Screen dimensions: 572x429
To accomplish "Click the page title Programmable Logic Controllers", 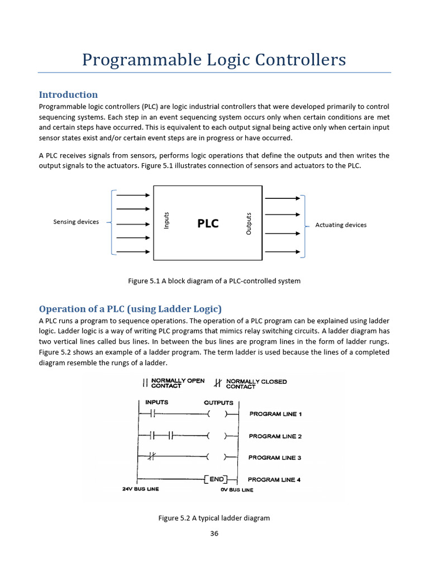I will (214, 59).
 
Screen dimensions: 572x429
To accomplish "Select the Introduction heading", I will (68, 94).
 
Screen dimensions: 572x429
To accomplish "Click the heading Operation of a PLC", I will (130, 308).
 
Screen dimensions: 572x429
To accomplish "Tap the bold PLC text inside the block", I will (208, 223).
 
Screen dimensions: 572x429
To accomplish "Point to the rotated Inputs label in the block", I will (166, 220).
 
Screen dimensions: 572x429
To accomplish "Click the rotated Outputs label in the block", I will (249, 223).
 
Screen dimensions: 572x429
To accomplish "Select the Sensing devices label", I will (76, 222).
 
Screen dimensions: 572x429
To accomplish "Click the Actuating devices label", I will (341, 225).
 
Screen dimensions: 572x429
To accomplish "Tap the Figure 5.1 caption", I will (214, 281).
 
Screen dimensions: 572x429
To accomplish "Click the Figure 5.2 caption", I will (214, 518).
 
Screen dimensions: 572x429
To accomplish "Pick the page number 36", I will (214, 533).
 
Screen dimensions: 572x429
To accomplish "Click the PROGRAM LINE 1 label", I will (275, 414).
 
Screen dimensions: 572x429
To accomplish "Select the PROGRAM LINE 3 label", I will (275, 457).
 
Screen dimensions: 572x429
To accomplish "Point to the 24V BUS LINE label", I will (140, 489).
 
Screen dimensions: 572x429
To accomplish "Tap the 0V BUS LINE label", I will (237, 490).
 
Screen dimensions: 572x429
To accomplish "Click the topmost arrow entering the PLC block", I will (132, 195).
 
